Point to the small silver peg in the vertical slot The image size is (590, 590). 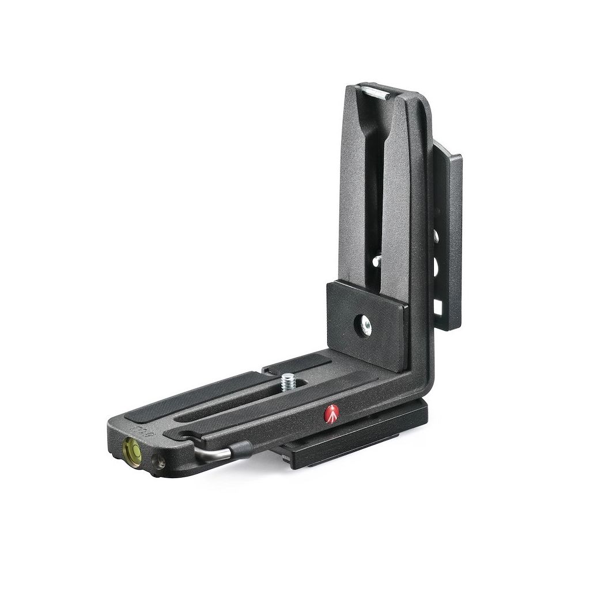click(376, 260)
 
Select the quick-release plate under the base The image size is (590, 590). click(357, 441)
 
